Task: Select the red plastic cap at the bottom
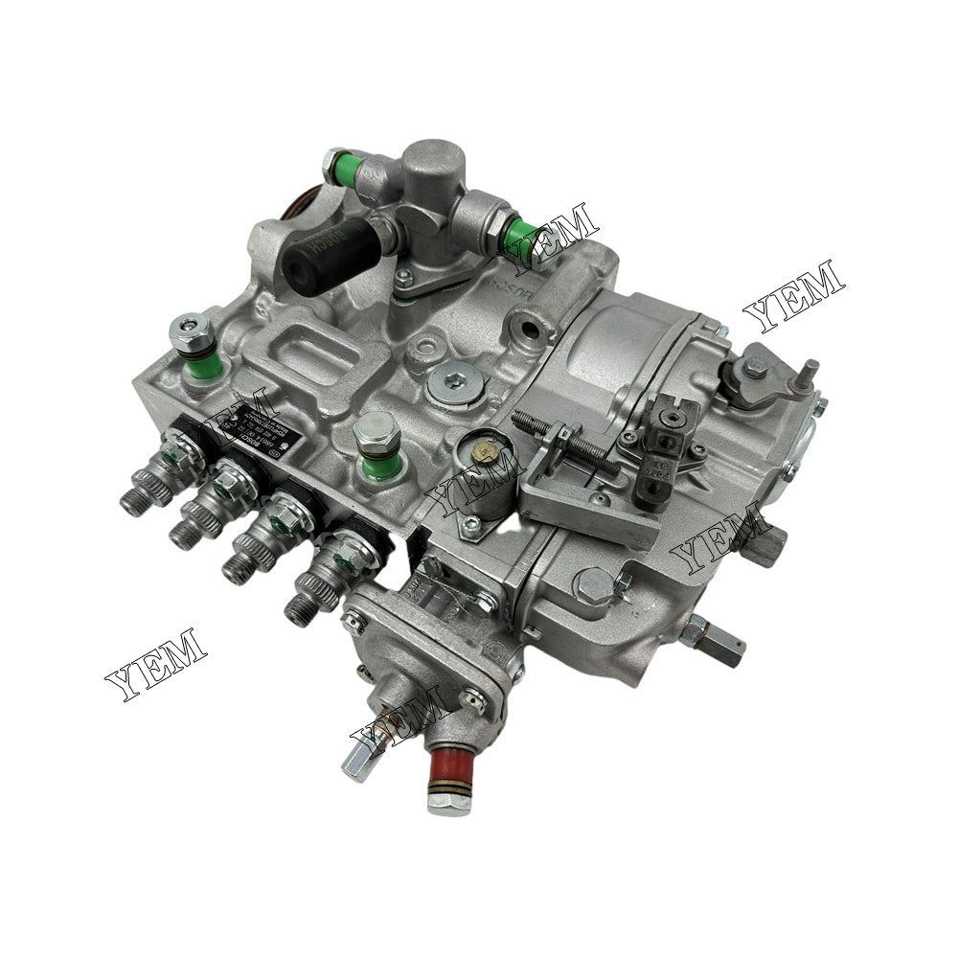point(446,767)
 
